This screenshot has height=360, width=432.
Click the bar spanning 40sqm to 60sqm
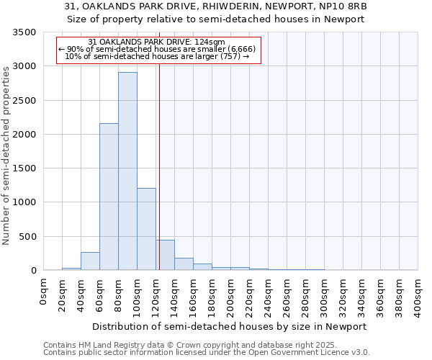coord(90,261)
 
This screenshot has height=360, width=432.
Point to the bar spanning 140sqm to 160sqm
coord(184,264)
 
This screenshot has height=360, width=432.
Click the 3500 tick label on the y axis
coord(24,33)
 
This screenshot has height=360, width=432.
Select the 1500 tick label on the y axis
coord(24,168)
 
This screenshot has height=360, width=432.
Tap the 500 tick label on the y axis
coord(27,237)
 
